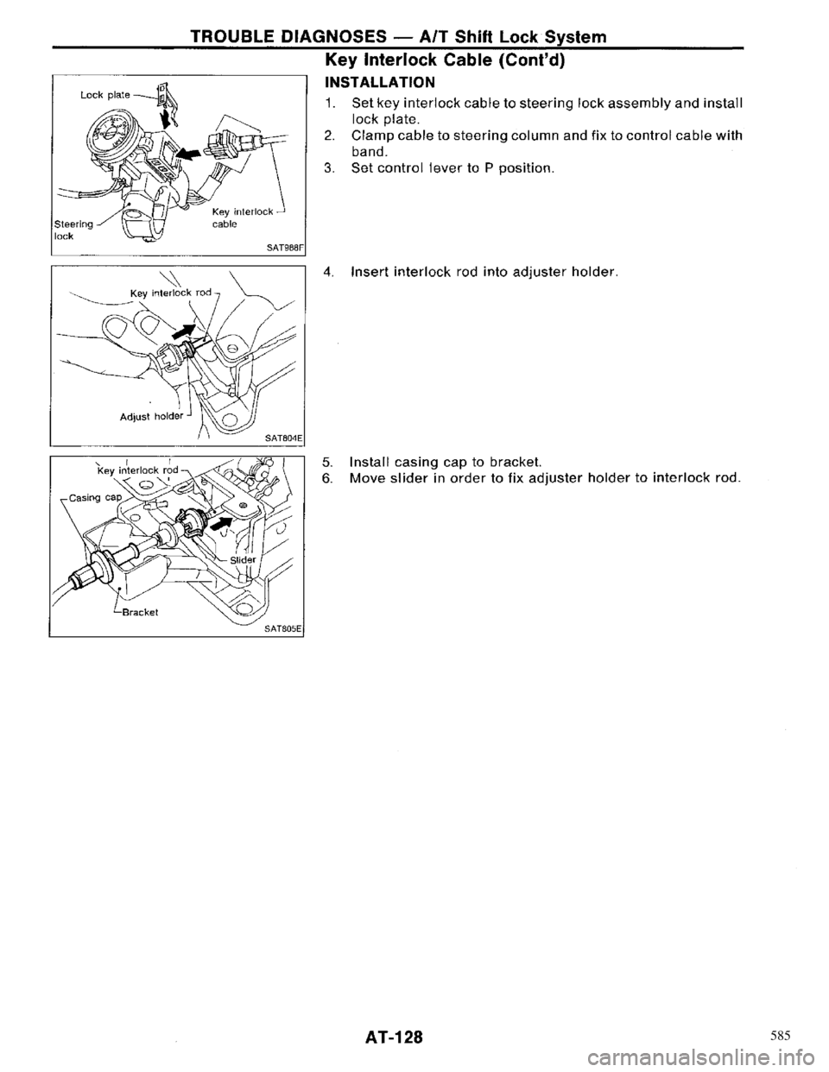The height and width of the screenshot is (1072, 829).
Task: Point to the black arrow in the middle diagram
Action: (183, 333)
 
